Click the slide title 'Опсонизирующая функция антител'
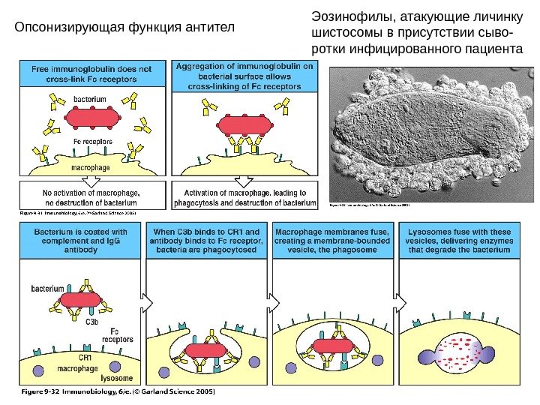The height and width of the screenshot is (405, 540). [125, 29]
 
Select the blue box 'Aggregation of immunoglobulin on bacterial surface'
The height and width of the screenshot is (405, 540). [244, 76]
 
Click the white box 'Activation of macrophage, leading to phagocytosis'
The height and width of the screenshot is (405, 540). [244, 196]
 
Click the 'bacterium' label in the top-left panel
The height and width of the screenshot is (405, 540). [90, 98]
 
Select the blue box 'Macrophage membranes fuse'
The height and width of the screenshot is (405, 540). [332, 241]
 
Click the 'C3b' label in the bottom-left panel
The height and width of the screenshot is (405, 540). [92, 322]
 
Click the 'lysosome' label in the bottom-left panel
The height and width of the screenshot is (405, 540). [116, 378]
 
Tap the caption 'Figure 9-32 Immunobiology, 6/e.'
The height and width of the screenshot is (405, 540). [115, 391]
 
